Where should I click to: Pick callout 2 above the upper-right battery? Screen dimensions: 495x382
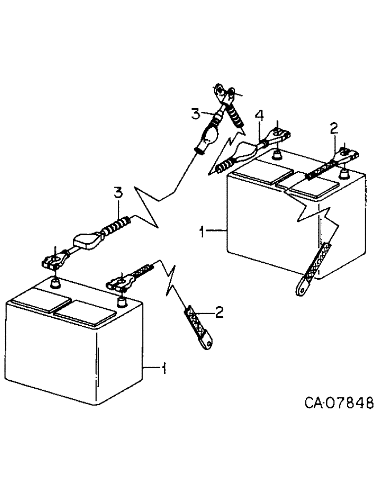point(334,129)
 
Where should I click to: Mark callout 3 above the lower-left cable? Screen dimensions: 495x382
point(117,193)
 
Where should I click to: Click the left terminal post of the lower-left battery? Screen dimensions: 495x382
point(55,283)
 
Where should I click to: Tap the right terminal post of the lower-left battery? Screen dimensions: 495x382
point(120,300)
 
